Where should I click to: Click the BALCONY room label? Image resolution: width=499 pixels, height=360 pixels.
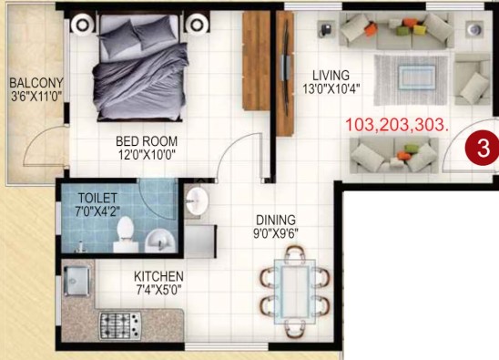tap(36, 83)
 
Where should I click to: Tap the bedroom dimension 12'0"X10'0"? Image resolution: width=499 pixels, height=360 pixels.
tap(147, 155)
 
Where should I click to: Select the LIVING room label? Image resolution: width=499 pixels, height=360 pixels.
tap(331, 76)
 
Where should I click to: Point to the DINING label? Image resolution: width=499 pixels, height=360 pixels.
tap(276, 221)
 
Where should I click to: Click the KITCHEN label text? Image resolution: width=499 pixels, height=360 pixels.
tap(158, 276)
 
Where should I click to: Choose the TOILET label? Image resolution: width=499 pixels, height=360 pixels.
tap(97, 198)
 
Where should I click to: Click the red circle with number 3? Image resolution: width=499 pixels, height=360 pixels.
tap(483, 149)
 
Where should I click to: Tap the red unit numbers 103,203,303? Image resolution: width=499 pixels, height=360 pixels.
tap(397, 125)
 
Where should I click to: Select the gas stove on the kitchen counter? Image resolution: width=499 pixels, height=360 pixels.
tap(120, 325)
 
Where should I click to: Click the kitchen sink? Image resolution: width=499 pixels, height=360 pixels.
tap(76, 281)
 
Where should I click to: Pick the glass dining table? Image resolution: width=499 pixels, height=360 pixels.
tap(295, 292)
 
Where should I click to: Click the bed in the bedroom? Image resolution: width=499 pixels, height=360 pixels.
tap(139, 67)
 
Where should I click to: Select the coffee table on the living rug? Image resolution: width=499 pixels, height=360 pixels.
tap(417, 77)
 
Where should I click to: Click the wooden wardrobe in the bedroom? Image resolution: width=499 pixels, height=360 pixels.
tap(256, 61)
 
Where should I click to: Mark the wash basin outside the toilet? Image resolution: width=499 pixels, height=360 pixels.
tap(197, 201)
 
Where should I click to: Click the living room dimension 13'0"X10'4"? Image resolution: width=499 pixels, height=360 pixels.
tap(331, 89)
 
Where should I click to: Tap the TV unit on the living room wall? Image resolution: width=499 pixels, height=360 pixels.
tap(285, 74)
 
